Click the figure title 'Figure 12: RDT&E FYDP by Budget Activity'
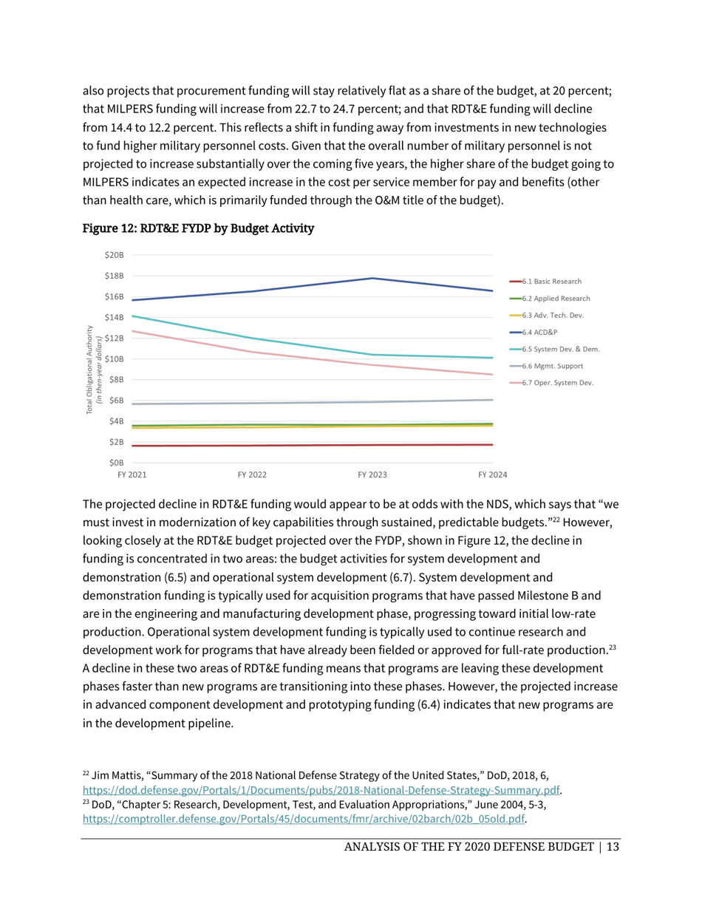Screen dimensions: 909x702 (x=198, y=229)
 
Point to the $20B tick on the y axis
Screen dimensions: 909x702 (x=115, y=255)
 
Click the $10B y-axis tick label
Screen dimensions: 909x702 (x=115, y=359)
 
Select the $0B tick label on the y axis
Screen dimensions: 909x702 (x=117, y=463)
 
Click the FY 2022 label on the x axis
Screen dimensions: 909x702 (x=252, y=474)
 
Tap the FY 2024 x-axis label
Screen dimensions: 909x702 (x=492, y=474)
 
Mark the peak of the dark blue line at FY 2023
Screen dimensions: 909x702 (x=372, y=279)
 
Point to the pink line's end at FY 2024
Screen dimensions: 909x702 (x=492, y=375)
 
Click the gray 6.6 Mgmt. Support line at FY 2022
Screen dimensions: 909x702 (x=252, y=403)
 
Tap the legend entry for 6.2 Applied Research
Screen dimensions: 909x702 (x=556, y=299)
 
